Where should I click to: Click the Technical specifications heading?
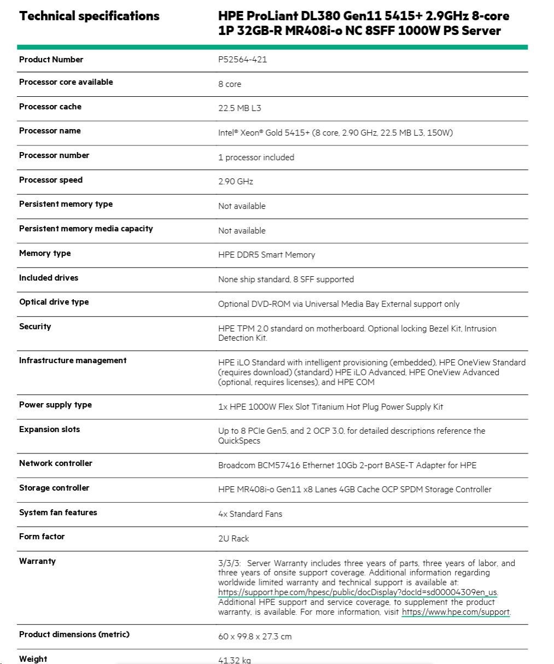coord(89,16)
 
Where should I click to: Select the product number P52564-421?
coord(242,60)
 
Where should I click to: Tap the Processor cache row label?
coord(50,107)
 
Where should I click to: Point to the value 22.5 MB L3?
coord(240,108)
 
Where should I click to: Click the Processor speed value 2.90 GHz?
coord(236,182)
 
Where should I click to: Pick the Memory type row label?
coord(45,253)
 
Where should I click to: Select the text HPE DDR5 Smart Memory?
coord(266,255)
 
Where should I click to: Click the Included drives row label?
coord(49,278)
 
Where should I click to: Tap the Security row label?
coord(35,327)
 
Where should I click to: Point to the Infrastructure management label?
coord(73,360)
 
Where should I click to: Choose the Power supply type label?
coord(55,405)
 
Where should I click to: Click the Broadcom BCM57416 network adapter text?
coord(347,465)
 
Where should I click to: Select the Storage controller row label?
coord(54,488)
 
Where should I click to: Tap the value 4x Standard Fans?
coord(250,514)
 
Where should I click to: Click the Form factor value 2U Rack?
coord(234,539)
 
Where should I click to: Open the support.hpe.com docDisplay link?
coord(358,592)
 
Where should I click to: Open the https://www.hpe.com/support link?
coord(456,612)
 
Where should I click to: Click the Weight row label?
coord(33,659)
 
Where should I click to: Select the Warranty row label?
coord(37,561)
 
